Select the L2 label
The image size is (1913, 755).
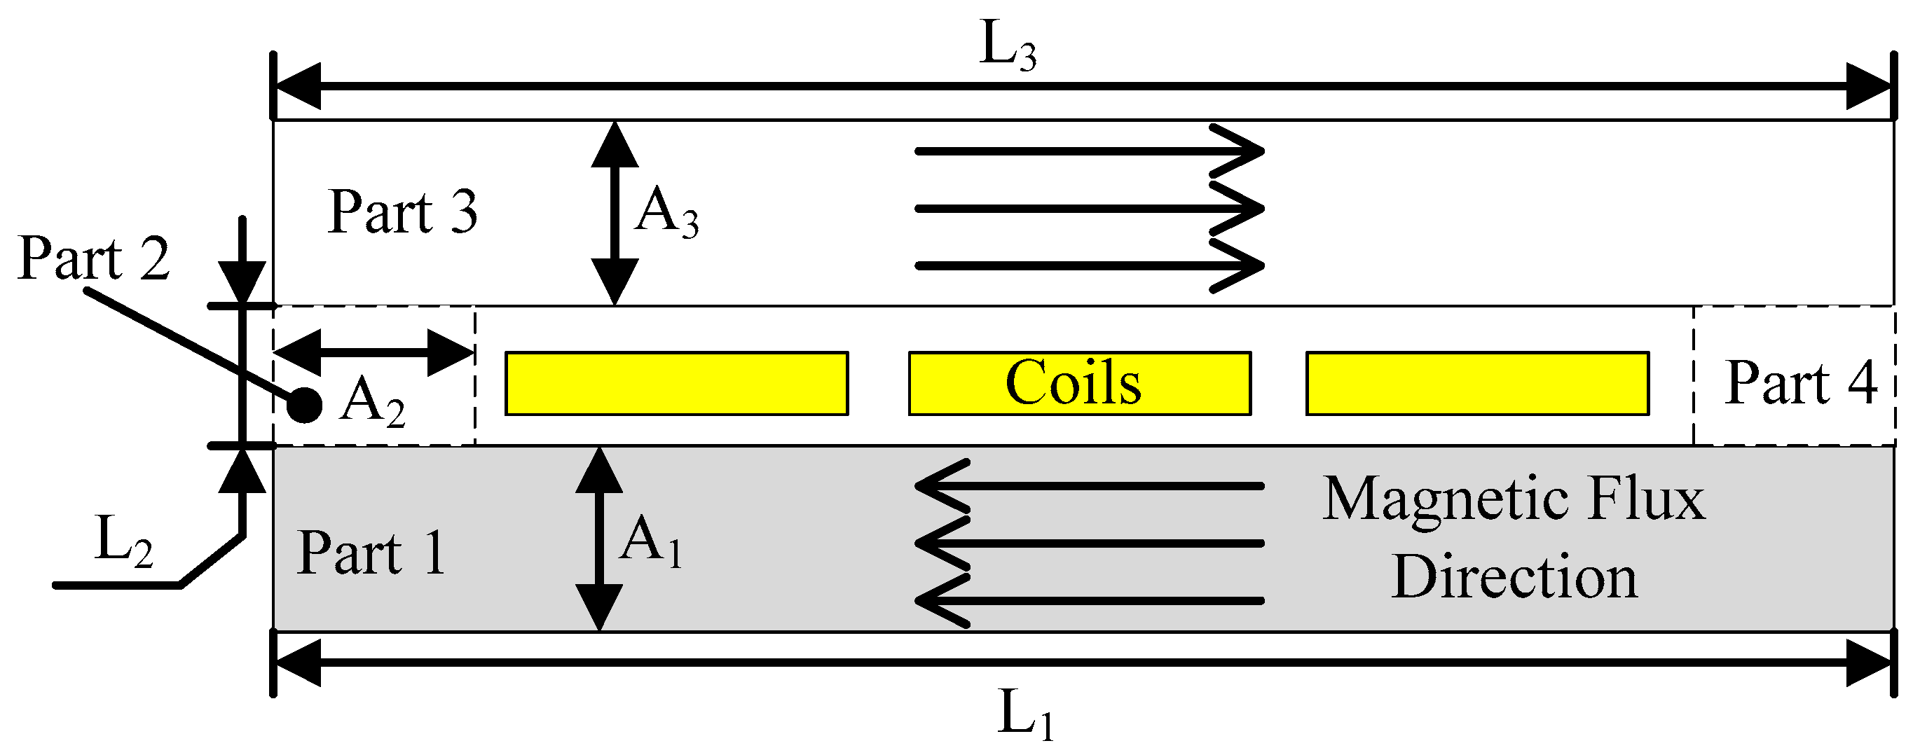click(x=123, y=542)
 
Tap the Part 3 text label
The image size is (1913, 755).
click(x=402, y=212)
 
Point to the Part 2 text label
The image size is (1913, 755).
click(x=94, y=258)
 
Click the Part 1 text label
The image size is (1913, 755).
click(x=371, y=554)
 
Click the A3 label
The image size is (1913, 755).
click(x=666, y=213)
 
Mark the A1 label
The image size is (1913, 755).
click(x=651, y=543)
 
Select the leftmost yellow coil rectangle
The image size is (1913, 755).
click(x=676, y=383)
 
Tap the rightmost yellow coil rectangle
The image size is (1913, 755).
click(x=1477, y=383)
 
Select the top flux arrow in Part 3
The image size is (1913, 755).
click(x=1089, y=151)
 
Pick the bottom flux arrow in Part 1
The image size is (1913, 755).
click(x=1089, y=600)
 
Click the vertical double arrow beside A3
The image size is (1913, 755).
click(x=615, y=213)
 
